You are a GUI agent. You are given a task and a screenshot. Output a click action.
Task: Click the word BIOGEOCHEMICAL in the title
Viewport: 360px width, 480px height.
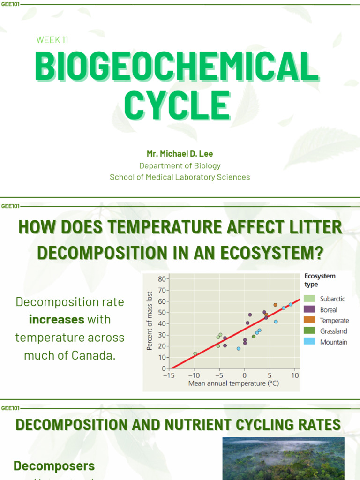point(177,67)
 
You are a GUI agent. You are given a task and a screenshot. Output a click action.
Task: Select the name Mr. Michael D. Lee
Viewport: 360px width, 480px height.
point(180,153)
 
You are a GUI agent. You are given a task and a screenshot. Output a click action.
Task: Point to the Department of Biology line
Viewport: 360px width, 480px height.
point(180,165)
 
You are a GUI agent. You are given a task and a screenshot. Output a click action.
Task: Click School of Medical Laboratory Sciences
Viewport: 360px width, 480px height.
point(180,177)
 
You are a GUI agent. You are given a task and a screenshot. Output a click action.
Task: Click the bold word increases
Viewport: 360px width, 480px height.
point(56,320)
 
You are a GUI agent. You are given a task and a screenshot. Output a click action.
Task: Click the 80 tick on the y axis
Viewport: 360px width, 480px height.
point(162,279)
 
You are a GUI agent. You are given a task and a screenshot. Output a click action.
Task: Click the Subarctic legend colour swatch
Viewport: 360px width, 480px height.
point(309,299)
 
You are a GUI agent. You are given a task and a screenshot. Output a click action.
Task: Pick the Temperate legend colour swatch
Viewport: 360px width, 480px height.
point(309,321)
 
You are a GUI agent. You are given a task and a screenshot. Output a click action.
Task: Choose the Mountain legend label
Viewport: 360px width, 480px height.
point(333,342)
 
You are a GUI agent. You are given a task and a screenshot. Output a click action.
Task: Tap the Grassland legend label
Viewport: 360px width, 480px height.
point(333,331)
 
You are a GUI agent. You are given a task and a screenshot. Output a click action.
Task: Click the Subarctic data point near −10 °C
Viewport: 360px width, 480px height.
point(195,353)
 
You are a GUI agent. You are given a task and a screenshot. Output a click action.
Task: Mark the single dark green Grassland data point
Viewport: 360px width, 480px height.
point(254,336)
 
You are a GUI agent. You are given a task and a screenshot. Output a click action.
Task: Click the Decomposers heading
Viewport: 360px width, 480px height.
point(54,466)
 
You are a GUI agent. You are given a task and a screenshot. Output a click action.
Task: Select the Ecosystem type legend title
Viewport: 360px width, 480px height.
point(320,280)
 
